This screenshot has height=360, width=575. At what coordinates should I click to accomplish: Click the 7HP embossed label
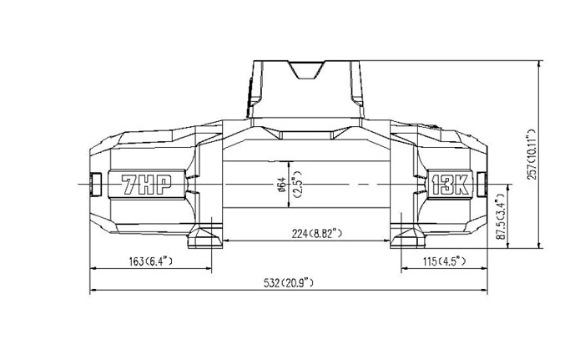(x=147, y=185)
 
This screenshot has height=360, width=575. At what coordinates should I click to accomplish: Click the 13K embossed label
(x=451, y=185)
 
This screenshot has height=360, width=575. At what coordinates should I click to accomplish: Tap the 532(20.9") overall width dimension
(x=289, y=283)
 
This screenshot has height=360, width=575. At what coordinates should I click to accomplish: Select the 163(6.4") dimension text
(x=151, y=261)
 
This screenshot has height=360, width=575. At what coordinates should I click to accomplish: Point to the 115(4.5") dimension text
(x=445, y=261)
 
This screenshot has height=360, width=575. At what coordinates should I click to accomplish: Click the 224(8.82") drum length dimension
(x=317, y=233)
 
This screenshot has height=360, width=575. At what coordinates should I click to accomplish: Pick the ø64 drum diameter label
(x=282, y=185)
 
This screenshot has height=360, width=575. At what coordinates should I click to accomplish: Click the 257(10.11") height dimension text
(x=532, y=155)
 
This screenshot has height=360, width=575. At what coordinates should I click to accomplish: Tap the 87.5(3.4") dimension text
(x=501, y=217)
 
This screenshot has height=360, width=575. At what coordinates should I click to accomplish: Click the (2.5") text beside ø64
(x=297, y=185)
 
